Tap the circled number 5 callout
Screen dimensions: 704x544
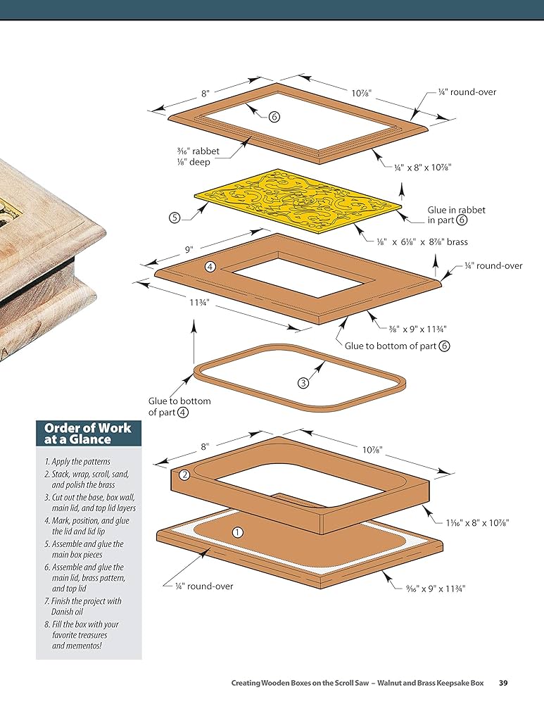(175, 218)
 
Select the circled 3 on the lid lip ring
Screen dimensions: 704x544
(303, 383)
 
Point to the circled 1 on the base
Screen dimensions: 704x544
(237, 533)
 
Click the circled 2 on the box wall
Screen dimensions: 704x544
(184, 475)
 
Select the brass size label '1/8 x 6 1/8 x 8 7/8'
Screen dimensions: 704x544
(422, 242)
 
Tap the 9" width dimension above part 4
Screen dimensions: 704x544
(189, 249)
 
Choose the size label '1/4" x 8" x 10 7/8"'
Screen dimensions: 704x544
(422, 167)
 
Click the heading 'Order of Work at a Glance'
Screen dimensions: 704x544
(88, 433)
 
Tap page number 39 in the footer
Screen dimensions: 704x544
(504, 683)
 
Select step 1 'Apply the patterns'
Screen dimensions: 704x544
(77, 462)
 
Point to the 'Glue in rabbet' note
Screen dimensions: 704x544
(456, 215)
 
